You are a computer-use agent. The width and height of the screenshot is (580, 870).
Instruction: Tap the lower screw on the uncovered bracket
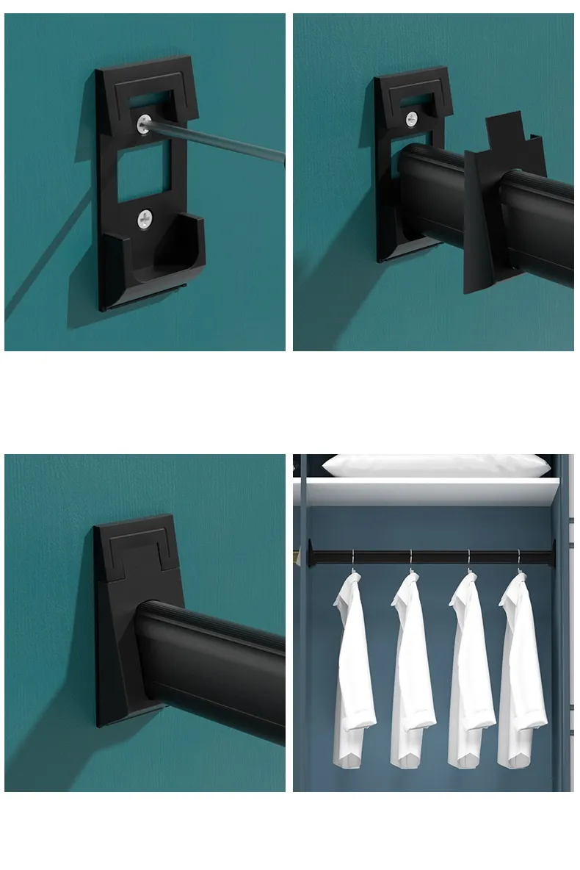pyautogui.click(x=145, y=217)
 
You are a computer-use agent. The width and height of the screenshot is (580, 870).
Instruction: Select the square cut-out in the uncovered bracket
pyautogui.click(x=144, y=177)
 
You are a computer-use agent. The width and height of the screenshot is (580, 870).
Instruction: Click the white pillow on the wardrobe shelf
pyautogui.click(x=436, y=465)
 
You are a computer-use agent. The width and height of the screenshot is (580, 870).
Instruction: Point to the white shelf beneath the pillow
pyautogui.click(x=426, y=491)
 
